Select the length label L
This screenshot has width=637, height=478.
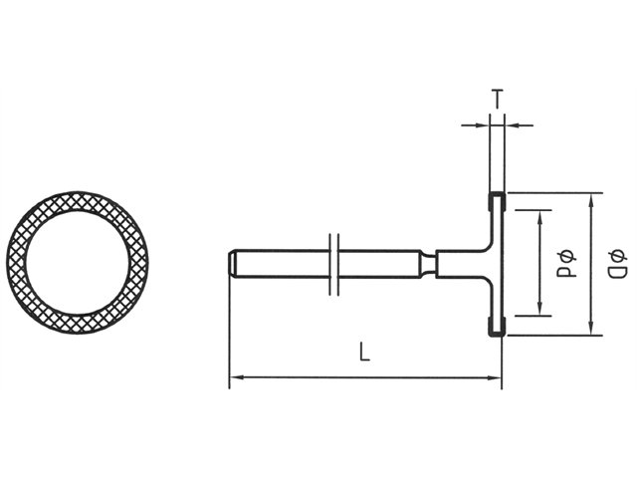[365, 354]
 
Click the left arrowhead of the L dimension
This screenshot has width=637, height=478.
[236, 377]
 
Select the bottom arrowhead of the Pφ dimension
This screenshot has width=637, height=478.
[541, 311]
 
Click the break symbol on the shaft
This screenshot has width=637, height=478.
[335, 264]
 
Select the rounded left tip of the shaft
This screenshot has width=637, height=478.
[233, 264]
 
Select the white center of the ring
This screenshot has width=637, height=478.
[78, 265]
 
